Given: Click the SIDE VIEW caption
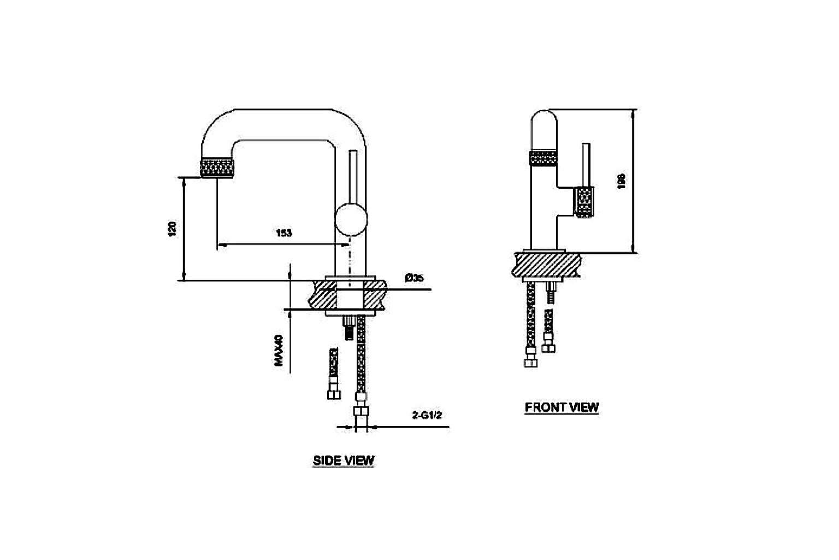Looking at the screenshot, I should point(344,460).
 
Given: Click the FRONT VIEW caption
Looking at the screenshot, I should point(562,407).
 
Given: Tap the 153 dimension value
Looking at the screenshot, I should point(283,233).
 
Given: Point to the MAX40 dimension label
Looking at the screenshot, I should point(279,351).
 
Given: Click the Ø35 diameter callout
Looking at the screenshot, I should point(415,278).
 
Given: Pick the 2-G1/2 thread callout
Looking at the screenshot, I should point(427,415).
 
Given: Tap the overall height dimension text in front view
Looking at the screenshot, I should point(621,182).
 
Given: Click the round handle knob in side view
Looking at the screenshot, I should point(351,217).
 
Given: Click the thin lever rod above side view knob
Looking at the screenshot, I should point(352,174).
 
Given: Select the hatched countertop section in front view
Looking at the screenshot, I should point(547,265).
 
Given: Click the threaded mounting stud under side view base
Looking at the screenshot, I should point(348,328).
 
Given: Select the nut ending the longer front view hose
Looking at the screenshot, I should point(530,362).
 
